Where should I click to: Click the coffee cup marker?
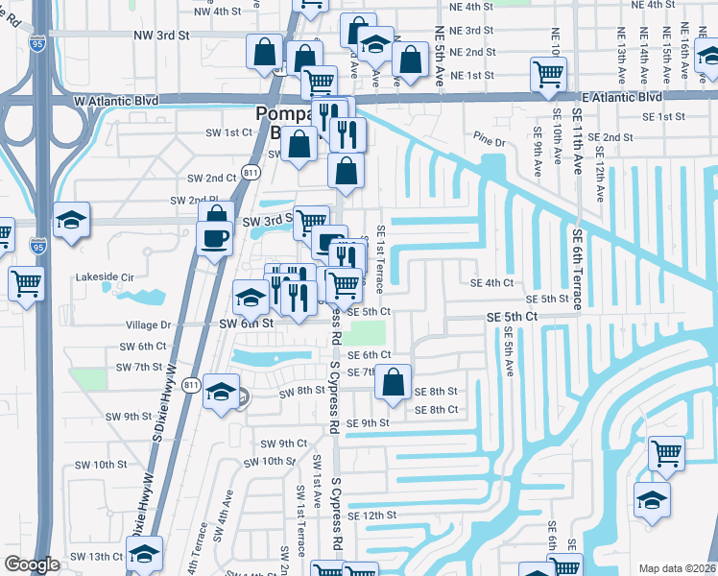(x=214, y=236)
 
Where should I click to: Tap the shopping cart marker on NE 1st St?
(x=548, y=72)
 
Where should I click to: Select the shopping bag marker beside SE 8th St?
(x=394, y=381)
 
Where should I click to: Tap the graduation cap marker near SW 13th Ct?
(x=145, y=553)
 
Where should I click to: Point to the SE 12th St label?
(x=372, y=516)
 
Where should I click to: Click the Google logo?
(x=31, y=564)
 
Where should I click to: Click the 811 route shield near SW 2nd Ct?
(x=251, y=172)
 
